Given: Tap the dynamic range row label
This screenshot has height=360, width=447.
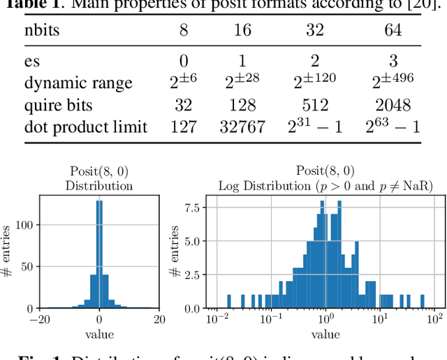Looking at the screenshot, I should (x=78, y=83).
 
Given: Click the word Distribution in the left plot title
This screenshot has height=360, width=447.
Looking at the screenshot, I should (x=99, y=186).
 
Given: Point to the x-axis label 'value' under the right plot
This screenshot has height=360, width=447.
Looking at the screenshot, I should (x=325, y=334).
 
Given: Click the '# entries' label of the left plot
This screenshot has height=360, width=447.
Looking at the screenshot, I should (x=8, y=252).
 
